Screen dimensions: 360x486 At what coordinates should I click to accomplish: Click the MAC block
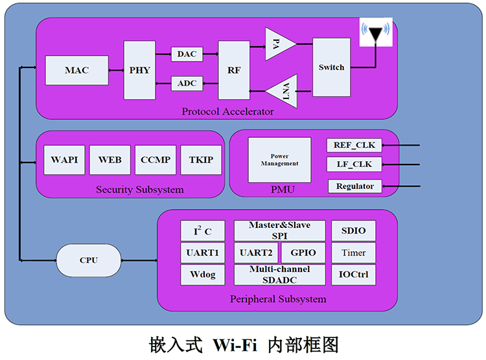point(76,70)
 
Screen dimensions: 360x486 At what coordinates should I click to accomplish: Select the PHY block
point(139,70)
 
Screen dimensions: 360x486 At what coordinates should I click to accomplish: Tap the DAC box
point(187,54)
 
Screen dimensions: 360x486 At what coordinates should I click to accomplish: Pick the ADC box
point(187,83)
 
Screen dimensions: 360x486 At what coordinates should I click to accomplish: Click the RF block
point(234,70)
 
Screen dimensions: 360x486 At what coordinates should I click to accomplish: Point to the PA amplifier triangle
point(279,43)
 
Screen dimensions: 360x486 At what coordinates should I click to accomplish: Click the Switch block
point(331,67)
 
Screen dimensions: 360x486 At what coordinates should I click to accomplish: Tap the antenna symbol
point(375,33)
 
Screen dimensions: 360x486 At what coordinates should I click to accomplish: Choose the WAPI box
point(64,160)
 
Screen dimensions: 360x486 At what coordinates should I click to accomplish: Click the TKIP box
point(201,160)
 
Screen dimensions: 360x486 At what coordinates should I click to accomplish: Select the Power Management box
point(279,160)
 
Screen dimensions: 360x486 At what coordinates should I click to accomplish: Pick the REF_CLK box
point(354,144)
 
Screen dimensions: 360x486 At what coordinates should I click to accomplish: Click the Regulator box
point(354,186)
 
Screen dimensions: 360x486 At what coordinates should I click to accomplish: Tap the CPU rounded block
point(88,260)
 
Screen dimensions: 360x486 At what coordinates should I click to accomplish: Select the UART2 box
point(255,253)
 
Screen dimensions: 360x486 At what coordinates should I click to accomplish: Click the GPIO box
point(303,253)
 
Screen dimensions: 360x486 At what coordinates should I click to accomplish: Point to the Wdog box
point(202,275)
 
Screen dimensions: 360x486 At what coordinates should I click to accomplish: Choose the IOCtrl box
point(353,275)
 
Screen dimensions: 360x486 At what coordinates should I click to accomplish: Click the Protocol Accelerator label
point(227,111)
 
